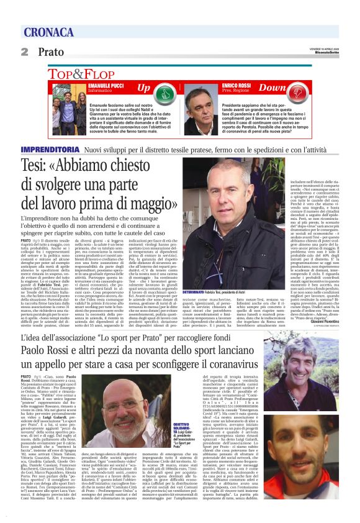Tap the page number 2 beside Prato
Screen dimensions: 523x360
[x=25, y=52]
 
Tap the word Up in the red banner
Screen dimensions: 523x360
[x=144, y=88]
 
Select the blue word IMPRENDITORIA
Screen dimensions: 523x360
[x=50, y=150]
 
